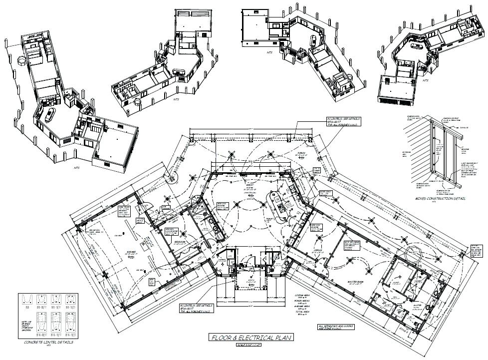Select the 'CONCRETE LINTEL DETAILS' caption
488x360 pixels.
(x=48, y=343)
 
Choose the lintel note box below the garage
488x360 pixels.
(x=196, y=308)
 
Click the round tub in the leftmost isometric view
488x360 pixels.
(x=22, y=61)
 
